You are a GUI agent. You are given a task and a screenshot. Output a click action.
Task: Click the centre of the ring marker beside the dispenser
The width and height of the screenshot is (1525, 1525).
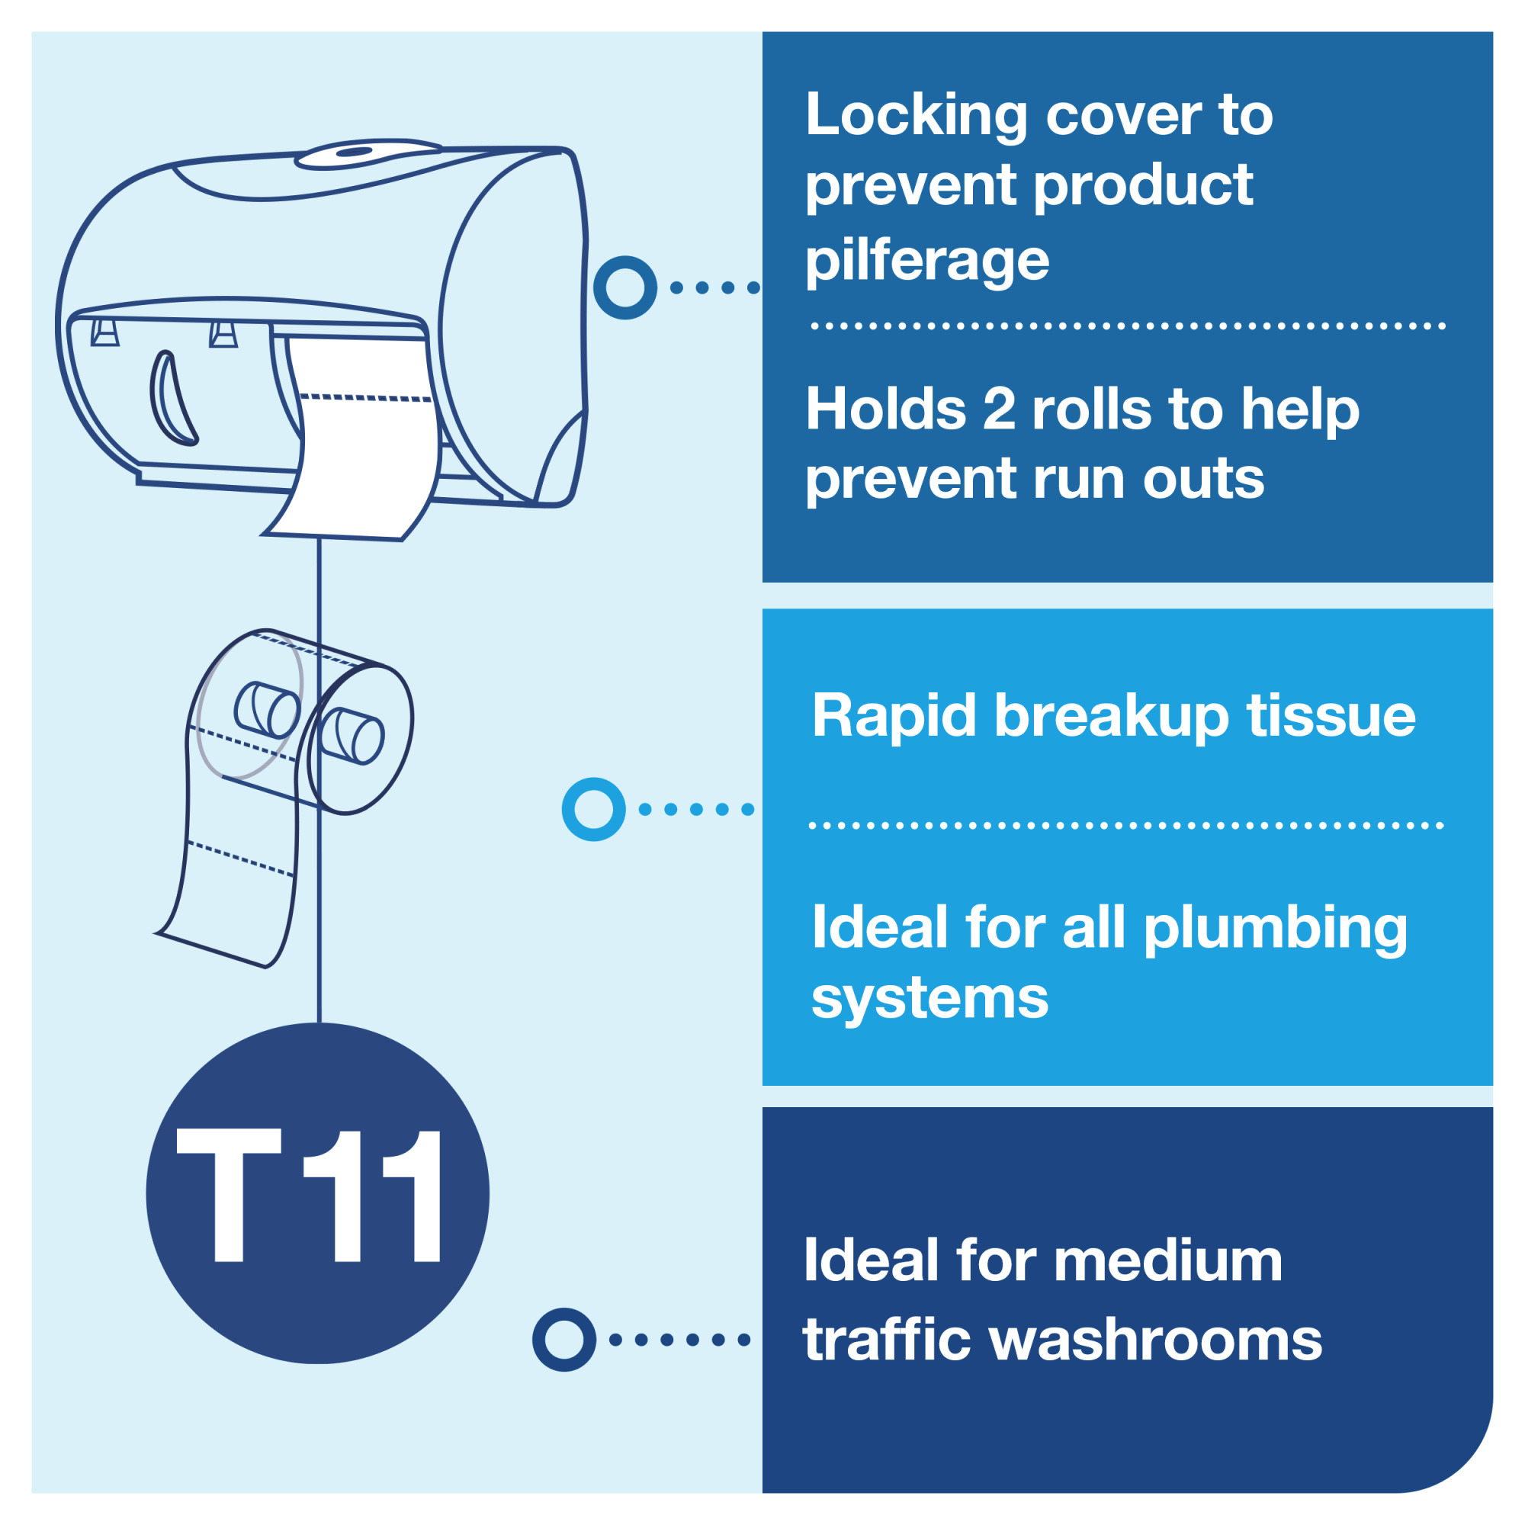(x=625, y=287)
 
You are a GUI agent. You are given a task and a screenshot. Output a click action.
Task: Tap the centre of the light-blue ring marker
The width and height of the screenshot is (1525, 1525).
(x=593, y=809)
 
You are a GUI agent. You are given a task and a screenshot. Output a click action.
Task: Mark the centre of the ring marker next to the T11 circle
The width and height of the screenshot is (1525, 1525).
(x=564, y=1340)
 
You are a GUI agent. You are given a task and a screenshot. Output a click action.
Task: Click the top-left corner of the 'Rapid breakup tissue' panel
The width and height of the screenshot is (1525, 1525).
(x=762, y=608)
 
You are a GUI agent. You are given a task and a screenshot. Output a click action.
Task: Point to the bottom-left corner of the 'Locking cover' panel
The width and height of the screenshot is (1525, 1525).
(x=762, y=583)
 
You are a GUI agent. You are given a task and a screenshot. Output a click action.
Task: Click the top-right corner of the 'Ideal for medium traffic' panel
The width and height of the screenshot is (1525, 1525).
(x=1494, y=1107)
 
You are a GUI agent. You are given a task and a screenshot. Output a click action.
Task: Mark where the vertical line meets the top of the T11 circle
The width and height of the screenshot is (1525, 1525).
(x=319, y=1023)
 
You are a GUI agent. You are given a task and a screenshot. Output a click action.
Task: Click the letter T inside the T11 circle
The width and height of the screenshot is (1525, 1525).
(x=229, y=1195)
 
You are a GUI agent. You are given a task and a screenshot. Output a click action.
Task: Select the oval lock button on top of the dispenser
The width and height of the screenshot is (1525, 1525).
(x=355, y=152)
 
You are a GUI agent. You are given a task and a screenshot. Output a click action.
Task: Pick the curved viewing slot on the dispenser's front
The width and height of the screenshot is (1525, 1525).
(x=172, y=399)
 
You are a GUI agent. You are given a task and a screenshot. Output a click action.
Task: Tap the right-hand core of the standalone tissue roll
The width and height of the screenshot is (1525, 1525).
(x=353, y=736)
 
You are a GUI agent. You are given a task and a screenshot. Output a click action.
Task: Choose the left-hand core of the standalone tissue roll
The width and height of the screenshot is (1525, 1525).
(x=268, y=710)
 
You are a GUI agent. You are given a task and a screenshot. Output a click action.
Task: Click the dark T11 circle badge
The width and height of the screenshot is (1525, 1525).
(x=317, y=1193)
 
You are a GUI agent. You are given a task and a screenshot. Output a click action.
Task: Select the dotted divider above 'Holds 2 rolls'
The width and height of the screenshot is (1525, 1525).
(x=1128, y=326)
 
